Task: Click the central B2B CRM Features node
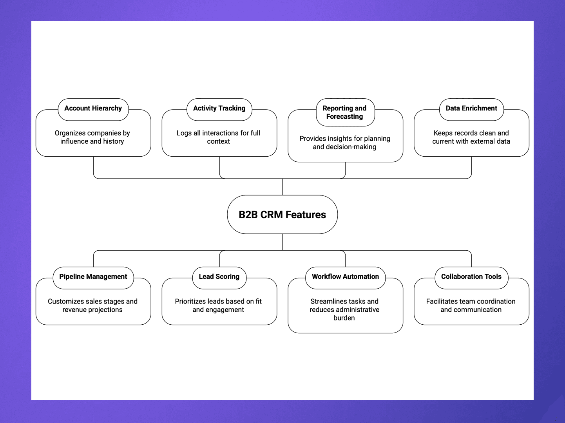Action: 282,215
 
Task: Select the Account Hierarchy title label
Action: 93,108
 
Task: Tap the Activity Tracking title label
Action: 219,108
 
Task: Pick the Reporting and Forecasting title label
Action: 345,112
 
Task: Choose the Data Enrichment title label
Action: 471,108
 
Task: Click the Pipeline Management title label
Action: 93,277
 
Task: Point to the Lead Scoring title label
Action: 219,277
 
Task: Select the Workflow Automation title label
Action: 345,277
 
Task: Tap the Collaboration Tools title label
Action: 471,277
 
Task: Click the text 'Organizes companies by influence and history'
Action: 92,137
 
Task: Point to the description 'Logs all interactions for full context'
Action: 218,137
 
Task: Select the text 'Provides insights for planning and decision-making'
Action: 345,143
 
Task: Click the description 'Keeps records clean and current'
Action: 471,137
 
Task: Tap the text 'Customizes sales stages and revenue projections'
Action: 92,305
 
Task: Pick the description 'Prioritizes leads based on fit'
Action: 218,305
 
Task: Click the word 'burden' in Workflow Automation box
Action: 344,318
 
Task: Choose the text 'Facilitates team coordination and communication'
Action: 471,305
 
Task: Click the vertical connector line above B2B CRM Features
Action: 282,187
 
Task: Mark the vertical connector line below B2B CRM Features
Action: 282,242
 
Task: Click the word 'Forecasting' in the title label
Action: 345,117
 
